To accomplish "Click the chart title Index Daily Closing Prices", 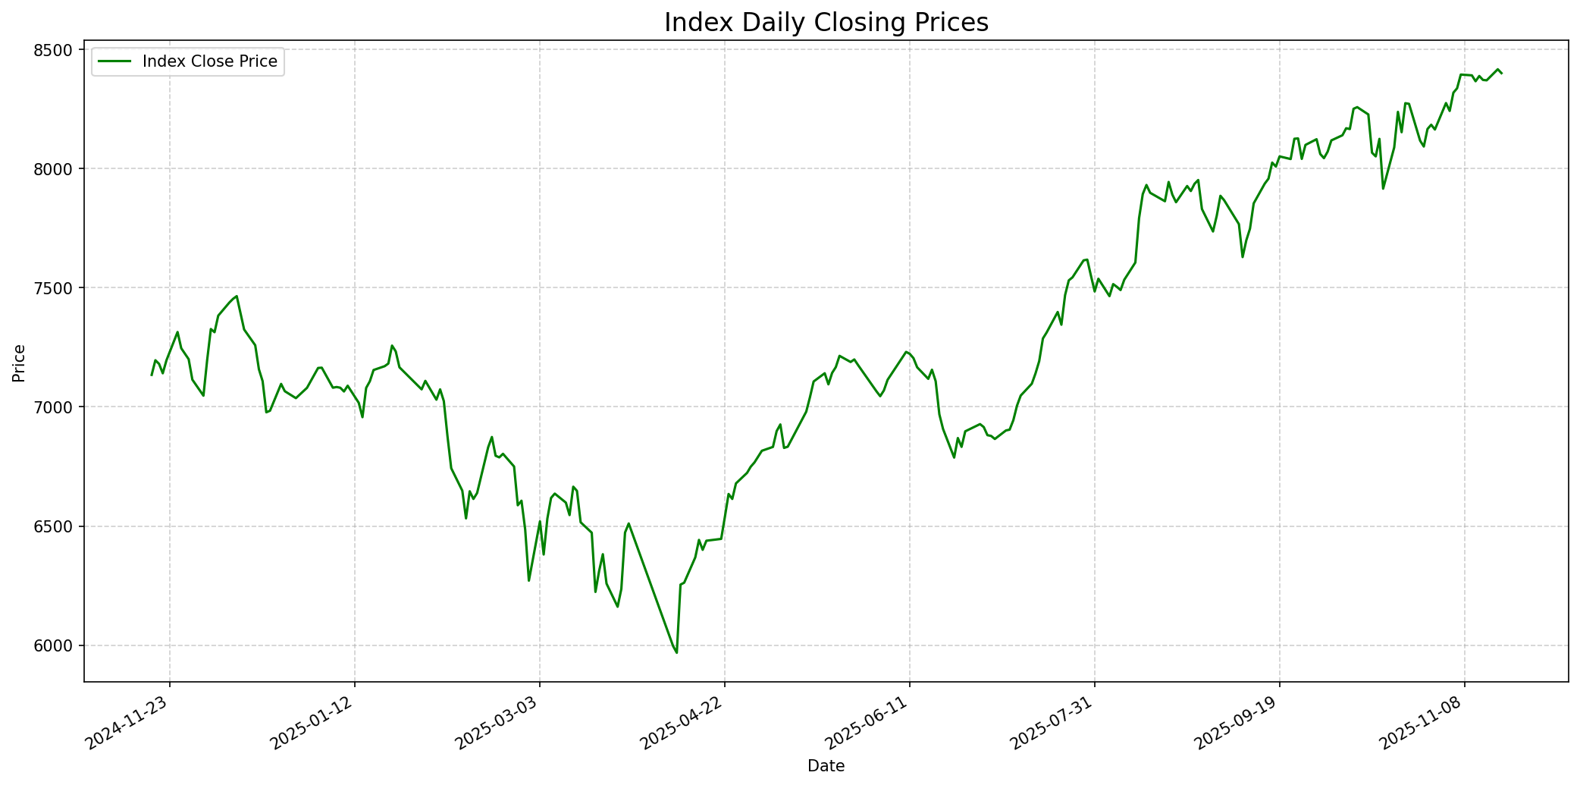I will tap(826, 23).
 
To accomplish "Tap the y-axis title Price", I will tap(19, 363).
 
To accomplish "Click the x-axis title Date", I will tap(826, 766).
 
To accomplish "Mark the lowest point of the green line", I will tap(676, 652).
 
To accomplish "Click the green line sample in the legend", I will tap(114, 61).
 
